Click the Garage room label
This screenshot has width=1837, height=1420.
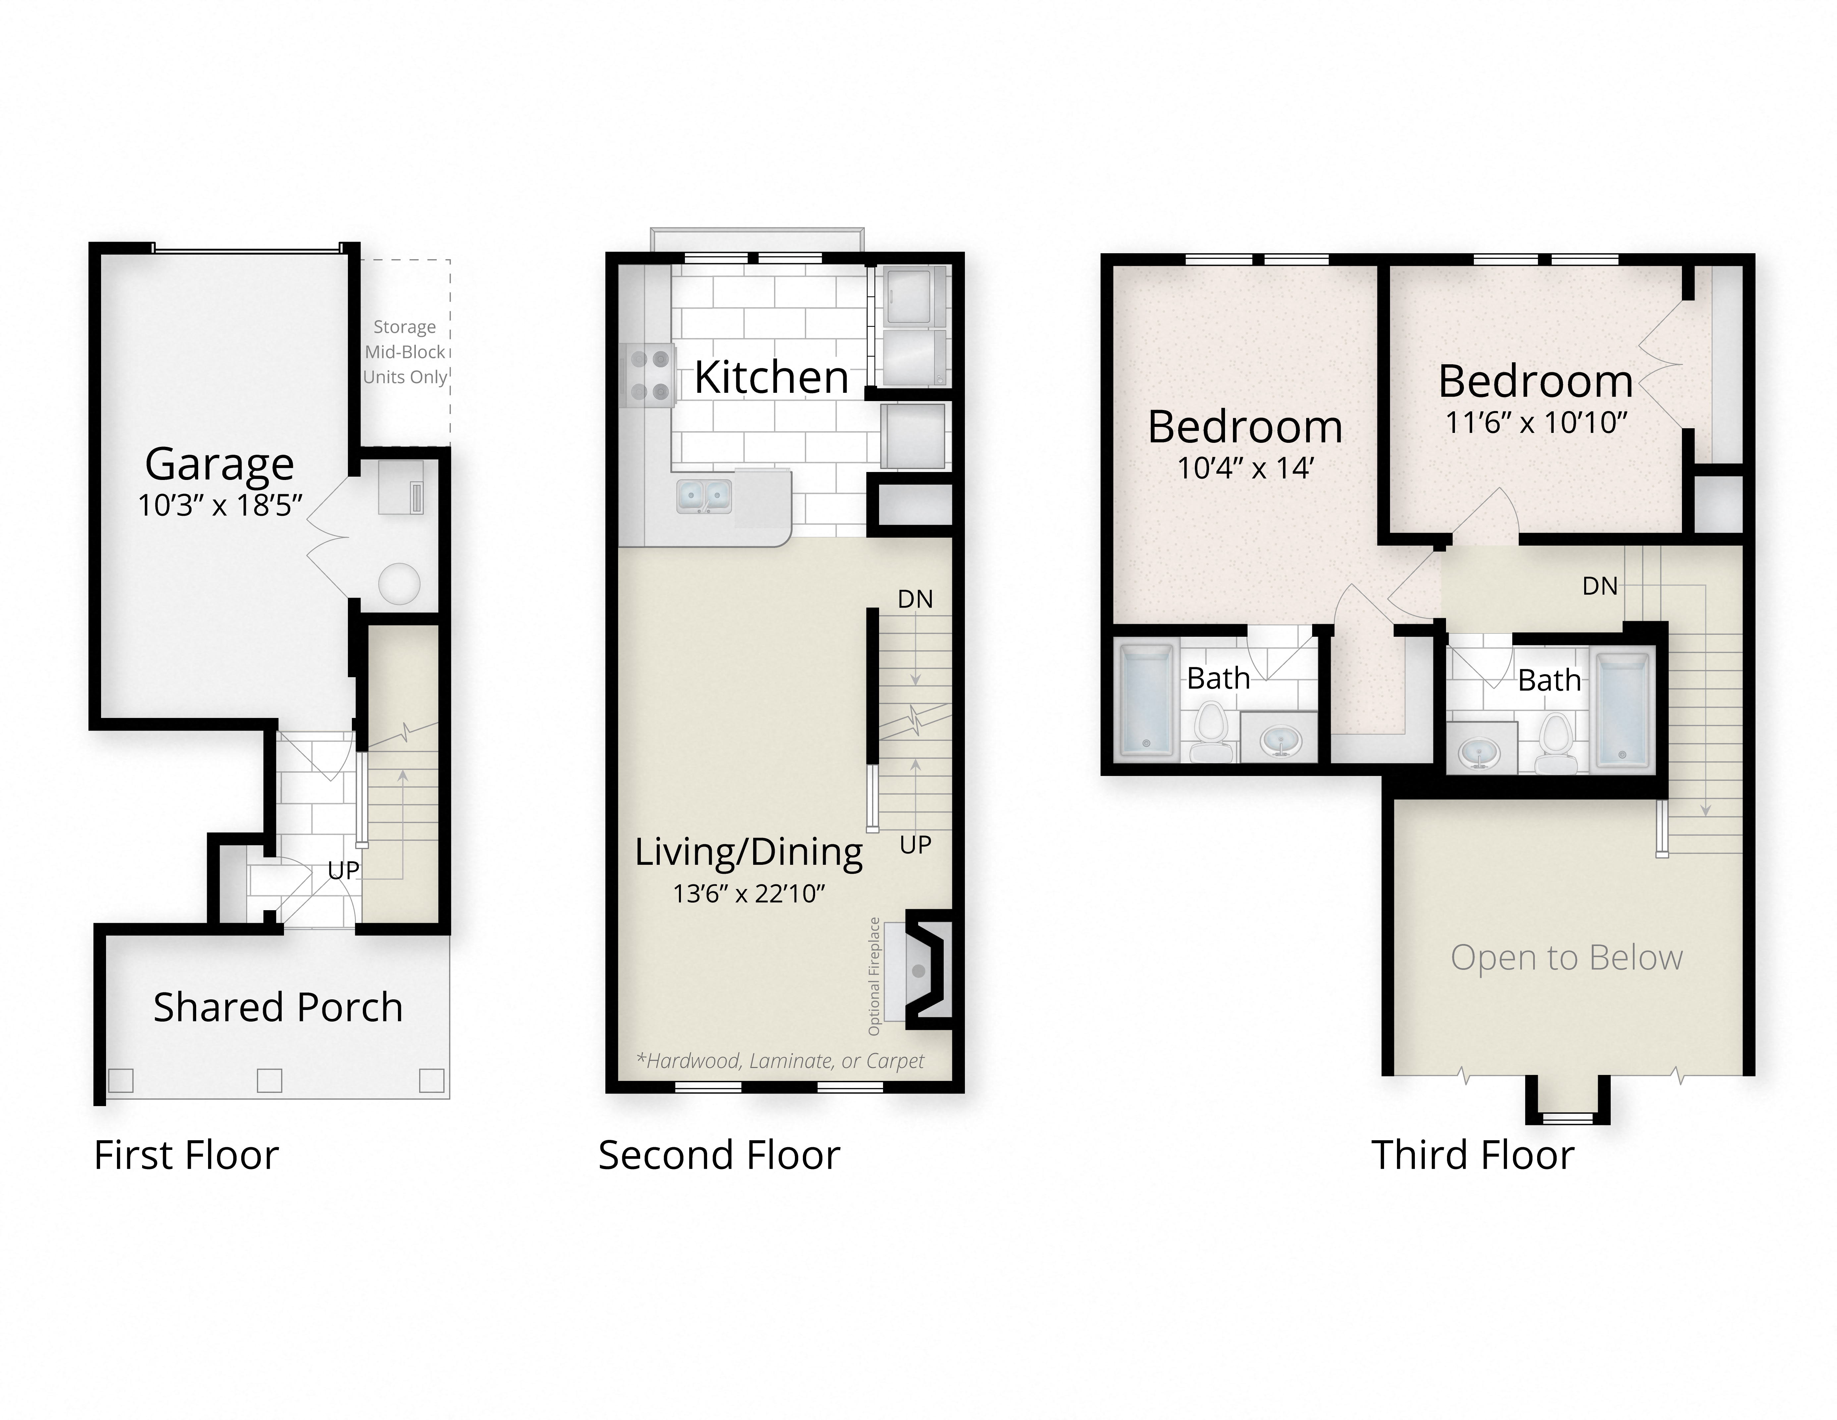tap(220, 463)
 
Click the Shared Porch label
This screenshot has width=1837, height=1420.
tap(278, 1007)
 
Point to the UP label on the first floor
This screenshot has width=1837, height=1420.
tap(343, 870)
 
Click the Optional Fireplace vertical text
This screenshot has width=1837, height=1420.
tap(874, 976)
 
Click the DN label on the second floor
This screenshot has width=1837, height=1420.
tap(915, 599)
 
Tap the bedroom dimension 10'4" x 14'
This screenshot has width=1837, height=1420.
tap(1245, 468)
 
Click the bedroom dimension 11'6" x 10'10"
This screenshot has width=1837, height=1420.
tap(1536, 422)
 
